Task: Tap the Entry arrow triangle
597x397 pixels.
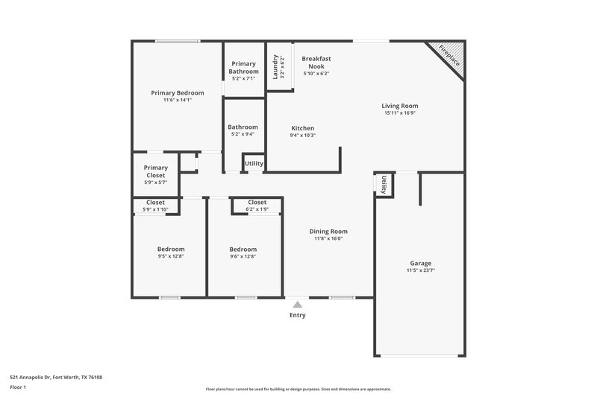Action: click(298, 304)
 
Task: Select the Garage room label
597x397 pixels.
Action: click(421, 264)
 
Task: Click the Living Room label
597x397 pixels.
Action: click(400, 106)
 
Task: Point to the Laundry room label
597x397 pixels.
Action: click(275, 66)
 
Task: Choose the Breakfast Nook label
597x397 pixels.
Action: click(316, 62)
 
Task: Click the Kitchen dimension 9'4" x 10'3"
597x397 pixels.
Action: click(302, 136)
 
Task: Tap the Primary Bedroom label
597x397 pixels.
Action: click(178, 93)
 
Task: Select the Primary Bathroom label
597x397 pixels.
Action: click(244, 67)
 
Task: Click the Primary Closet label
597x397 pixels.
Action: click(156, 171)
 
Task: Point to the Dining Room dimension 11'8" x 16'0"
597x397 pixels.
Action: click(328, 239)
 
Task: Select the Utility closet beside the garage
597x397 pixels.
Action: click(383, 185)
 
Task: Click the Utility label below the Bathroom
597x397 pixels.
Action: click(254, 163)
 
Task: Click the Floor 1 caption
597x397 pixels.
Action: click(19, 388)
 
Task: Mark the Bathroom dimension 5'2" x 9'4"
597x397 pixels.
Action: click(243, 135)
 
